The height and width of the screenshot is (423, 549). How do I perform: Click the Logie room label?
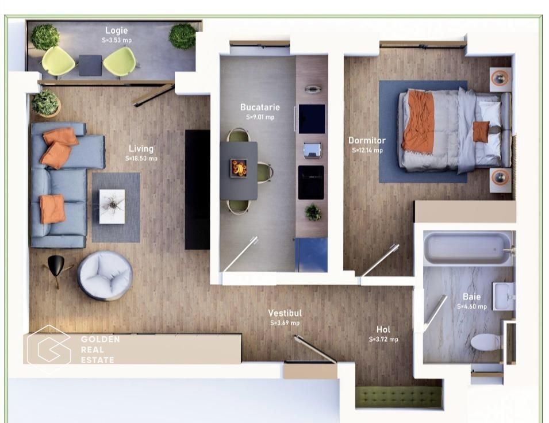(x=116, y=30)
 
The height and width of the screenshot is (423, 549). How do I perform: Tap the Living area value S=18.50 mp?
(x=141, y=158)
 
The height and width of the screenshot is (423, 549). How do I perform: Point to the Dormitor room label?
(x=367, y=140)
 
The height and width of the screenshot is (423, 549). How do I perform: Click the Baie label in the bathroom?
(x=471, y=297)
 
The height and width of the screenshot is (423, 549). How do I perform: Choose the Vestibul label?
(x=285, y=313)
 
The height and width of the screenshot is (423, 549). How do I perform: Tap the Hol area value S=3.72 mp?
(x=383, y=339)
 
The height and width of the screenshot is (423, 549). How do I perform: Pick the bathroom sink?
(x=502, y=295)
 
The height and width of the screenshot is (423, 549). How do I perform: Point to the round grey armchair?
(x=105, y=275)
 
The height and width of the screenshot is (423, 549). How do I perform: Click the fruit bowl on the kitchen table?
(x=239, y=168)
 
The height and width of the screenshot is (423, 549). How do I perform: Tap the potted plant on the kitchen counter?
(x=313, y=212)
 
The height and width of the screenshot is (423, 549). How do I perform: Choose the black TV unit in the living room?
(x=197, y=189)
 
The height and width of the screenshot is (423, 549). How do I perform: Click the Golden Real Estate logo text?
(x=99, y=349)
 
